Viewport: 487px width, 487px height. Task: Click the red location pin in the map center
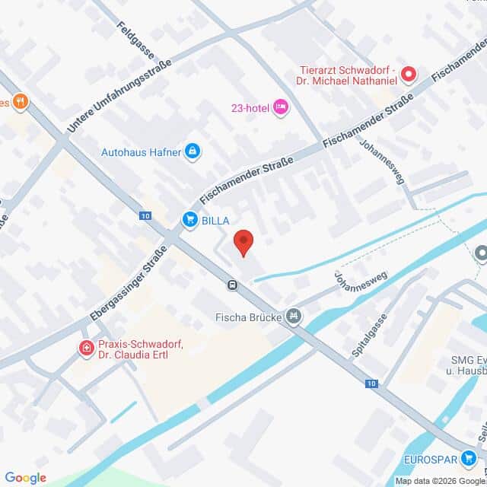coord(243,243)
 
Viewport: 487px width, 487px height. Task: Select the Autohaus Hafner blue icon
coord(193,152)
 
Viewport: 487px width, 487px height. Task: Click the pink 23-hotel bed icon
coord(280,107)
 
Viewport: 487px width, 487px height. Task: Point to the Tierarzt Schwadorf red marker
coord(409,75)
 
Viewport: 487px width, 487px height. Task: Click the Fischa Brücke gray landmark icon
coord(294,316)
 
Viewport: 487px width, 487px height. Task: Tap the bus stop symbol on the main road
coord(231,285)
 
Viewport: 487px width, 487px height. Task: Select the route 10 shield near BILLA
coord(145,215)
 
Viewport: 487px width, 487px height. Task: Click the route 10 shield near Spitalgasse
coord(371,384)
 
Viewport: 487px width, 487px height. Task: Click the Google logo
coord(25,478)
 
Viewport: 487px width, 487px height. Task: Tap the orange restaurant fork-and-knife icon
coord(20,101)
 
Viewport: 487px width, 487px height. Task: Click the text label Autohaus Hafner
coord(142,152)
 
